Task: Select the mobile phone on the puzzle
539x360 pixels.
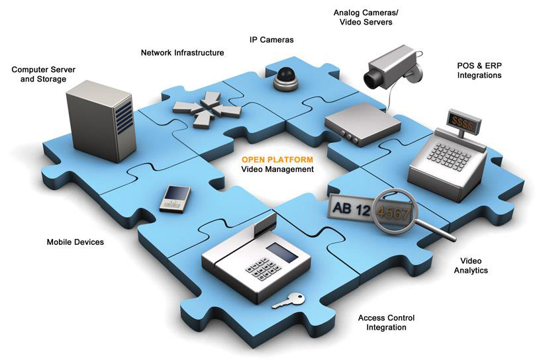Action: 175,197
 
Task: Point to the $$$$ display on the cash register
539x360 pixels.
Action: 462,120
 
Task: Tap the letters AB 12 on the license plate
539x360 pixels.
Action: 352,209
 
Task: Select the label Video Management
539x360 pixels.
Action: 277,170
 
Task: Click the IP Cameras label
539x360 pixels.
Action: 271,40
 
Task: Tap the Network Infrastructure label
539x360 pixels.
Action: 183,53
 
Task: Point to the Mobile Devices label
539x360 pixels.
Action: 75,242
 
